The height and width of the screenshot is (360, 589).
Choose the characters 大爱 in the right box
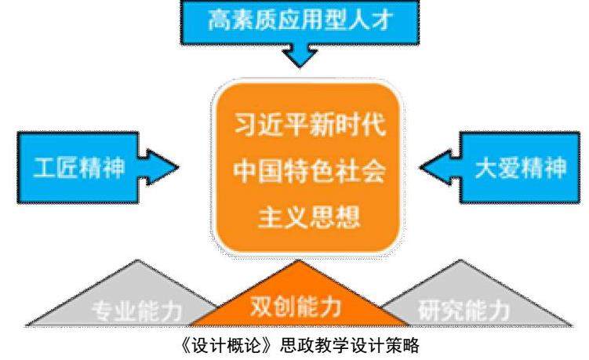pyautogui.click(x=493, y=167)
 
